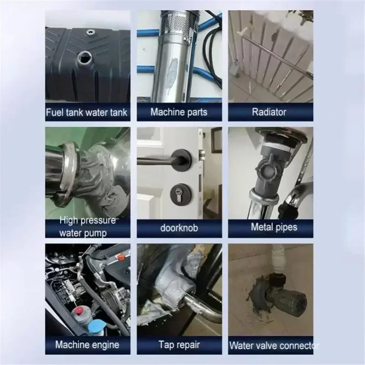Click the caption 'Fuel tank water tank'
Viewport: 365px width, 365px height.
[87, 112]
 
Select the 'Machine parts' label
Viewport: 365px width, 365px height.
[179, 112]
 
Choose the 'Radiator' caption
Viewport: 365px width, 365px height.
[271, 112]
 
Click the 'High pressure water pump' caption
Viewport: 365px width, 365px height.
[87, 227]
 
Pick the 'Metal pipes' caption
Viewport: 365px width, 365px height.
[271, 227]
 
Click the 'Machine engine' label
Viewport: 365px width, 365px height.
[87, 344]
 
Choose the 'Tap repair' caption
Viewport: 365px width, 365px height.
[179, 344]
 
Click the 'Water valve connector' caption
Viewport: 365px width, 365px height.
[273, 345]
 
